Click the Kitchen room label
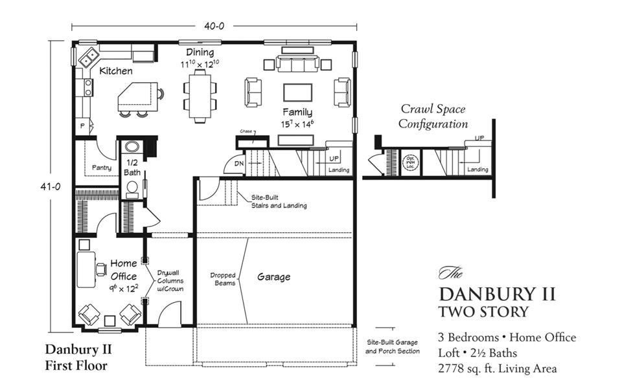click(116, 71)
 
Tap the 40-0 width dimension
click(214, 27)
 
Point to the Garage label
click(273, 277)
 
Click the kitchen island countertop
click(136, 98)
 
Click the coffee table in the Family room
click(297, 93)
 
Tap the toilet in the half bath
click(132, 188)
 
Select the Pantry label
click(101, 168)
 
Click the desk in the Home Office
click(85, 268)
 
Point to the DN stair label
click(238, 164)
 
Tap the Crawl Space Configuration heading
click(433, 116)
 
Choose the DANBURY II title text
click(497, 294)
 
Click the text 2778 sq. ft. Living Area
click(497, 369)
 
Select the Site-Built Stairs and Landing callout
click(279, 201)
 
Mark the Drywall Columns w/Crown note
click(170, 281)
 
